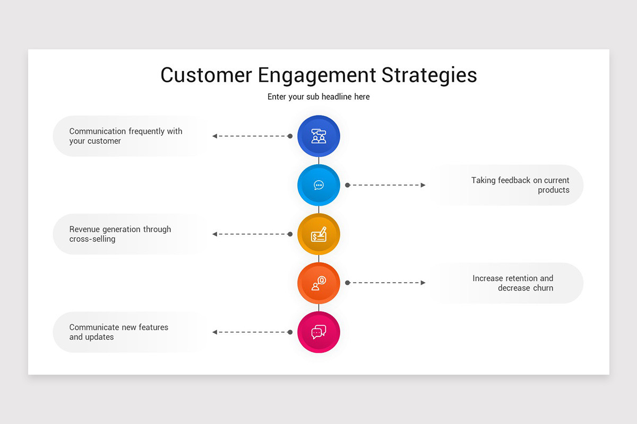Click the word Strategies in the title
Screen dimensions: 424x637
point(429,75)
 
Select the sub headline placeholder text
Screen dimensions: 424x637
point(318,97)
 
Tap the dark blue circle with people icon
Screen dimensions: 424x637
point(318,136)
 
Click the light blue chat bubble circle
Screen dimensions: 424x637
point(318,185)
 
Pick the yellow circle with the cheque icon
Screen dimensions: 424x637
point(318,234)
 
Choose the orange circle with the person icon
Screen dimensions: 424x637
point(318,283)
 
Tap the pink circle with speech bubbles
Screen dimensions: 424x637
point(318,332)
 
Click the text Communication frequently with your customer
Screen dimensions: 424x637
point(125,136)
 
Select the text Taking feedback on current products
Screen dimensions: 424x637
point(520,185)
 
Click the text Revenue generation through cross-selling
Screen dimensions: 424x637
point(120,234)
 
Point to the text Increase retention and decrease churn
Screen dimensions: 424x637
point(513,283)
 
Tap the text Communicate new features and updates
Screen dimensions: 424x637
point(118,332)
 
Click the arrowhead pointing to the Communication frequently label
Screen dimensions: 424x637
point(214,136)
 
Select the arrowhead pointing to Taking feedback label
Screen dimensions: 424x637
point(423,185)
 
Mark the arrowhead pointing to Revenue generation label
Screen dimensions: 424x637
point(214,234)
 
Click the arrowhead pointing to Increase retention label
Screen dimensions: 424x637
point(423,283)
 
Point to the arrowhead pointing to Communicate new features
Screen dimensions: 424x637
point(214,332)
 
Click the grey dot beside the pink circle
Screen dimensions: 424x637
point(290,332)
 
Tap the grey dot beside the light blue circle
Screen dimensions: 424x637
point(347,185)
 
